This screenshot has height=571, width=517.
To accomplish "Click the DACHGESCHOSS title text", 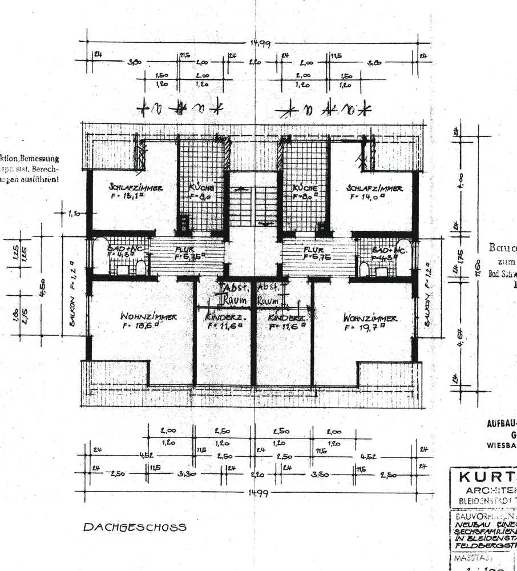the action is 135,527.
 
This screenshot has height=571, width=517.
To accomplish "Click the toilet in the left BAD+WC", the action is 141,268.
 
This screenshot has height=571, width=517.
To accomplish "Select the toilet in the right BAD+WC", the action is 363,268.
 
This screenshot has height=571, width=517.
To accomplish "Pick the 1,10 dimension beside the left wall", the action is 74,214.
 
